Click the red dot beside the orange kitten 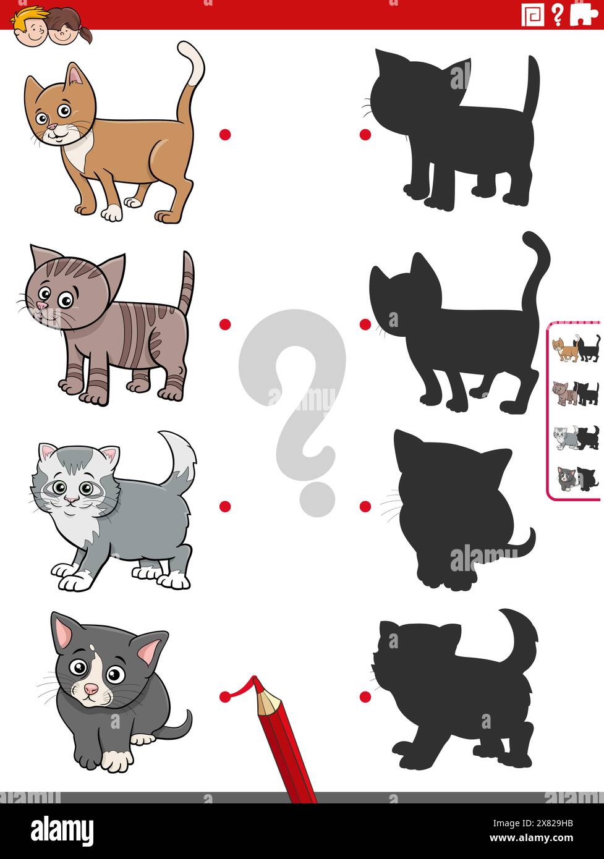[225, 134]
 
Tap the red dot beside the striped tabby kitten [225, 324]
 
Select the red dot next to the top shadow [365, 134]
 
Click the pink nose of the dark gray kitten [91, 688]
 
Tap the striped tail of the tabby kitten [186, 281]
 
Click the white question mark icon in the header [557, 15]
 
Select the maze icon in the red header [532, 15]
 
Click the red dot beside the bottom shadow [365, 696]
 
